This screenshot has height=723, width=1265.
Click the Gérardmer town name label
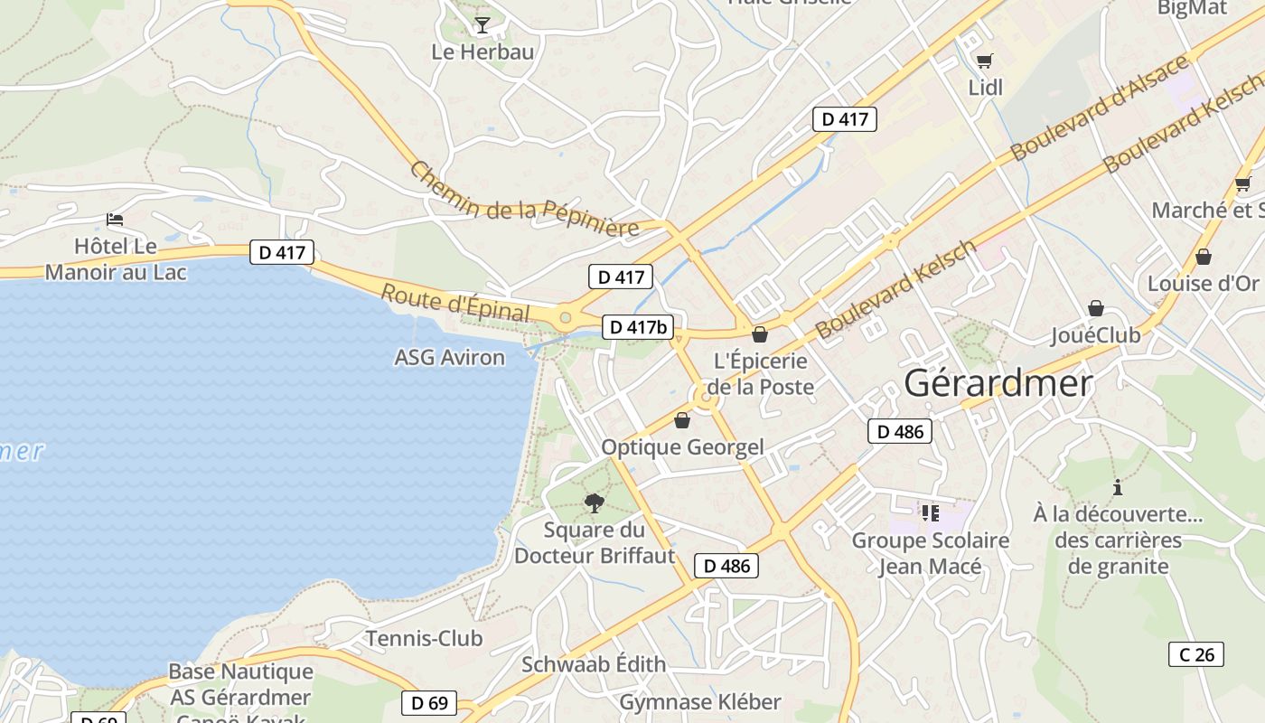click(998, 383)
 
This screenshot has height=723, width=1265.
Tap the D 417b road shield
click(639, 326)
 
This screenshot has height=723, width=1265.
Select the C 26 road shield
click(1196, 654)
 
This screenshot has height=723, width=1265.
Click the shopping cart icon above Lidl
click(984, 61)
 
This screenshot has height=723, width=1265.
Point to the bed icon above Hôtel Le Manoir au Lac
click(114, 220)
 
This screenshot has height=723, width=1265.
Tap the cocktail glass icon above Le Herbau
click(483, 25)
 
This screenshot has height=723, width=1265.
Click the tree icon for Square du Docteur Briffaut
click(594, 503)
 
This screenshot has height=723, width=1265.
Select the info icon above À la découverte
click(1118, 487)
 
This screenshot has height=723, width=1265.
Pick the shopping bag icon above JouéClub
click(1095, 308)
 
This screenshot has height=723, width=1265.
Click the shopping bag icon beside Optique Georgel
click(682, 420)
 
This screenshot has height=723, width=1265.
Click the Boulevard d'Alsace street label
click(1101, 108)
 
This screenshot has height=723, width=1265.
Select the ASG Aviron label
click(449, 357)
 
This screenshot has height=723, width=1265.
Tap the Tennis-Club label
click(424, 638)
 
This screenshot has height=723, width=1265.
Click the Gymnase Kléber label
click(699, 702)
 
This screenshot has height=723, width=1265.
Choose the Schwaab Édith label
click(593, 664)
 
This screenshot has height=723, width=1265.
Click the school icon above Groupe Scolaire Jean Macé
click(931, 513)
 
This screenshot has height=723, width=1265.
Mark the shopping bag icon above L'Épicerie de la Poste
click(760, 334)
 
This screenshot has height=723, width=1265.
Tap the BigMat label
click(1193, 8)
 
